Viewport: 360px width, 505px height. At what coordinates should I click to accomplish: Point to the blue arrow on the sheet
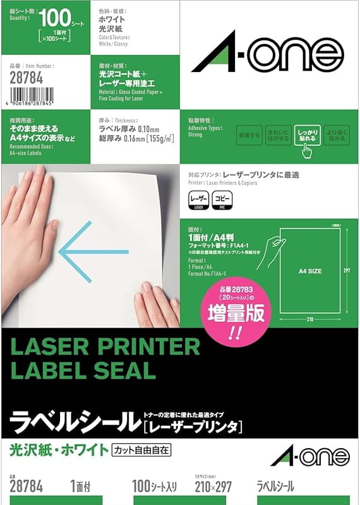click(79, 252)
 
